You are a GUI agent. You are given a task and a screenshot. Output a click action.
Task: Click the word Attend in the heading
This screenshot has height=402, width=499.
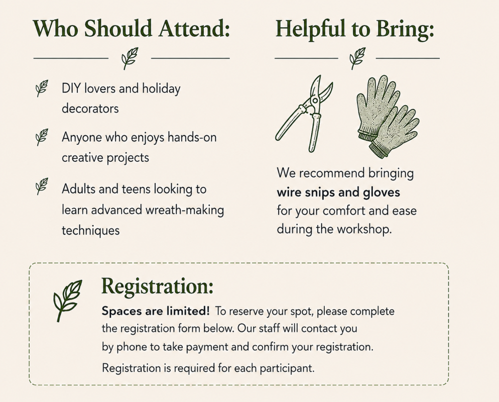[x=194, y=29]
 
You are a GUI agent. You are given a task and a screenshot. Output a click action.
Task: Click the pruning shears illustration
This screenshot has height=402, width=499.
[x=303, y=113]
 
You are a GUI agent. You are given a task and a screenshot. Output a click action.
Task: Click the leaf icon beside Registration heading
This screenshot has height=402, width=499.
[x=67, y=300]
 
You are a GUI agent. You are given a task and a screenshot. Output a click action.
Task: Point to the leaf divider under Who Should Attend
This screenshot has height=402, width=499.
[x=130, y=58]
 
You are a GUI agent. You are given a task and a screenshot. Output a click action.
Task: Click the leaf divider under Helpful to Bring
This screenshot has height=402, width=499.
[x=357, y=58]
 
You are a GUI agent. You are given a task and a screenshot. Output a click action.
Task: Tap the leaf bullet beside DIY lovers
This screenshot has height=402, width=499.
[x=42, y=88]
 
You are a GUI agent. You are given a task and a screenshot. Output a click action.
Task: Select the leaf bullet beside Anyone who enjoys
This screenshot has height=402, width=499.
[x=42, y=137]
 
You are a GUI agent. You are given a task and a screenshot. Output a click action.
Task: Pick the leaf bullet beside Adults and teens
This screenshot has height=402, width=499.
[x=42, y=186]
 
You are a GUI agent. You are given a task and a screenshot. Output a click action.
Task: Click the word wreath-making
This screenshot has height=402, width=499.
[x=185, y=210]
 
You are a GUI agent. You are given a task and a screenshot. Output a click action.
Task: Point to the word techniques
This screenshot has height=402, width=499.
[x=91, y=230]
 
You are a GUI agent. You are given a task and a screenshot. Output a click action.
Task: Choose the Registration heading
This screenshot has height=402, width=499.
[x=157, y=286]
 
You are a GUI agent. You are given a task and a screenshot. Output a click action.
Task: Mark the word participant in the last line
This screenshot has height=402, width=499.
[x=287, y=368]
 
